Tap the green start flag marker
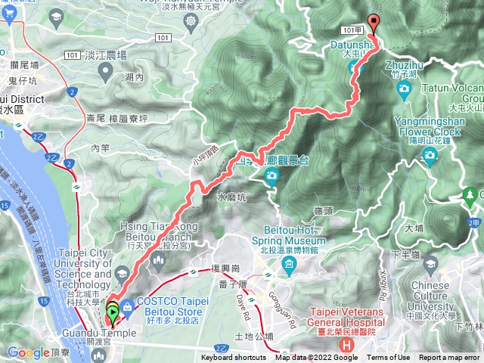tap(112, 310)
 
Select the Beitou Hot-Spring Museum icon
tap(288, 263)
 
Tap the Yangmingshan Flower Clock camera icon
tap(430, 157)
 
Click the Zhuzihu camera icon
tap(404, 89)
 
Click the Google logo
tap(28, 352)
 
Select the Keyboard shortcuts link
tap(233, 358)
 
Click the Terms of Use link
tap(389, 358)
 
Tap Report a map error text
tap(449, 358)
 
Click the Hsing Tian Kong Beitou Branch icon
tap(158, 261)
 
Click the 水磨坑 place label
tap(231, 197)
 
